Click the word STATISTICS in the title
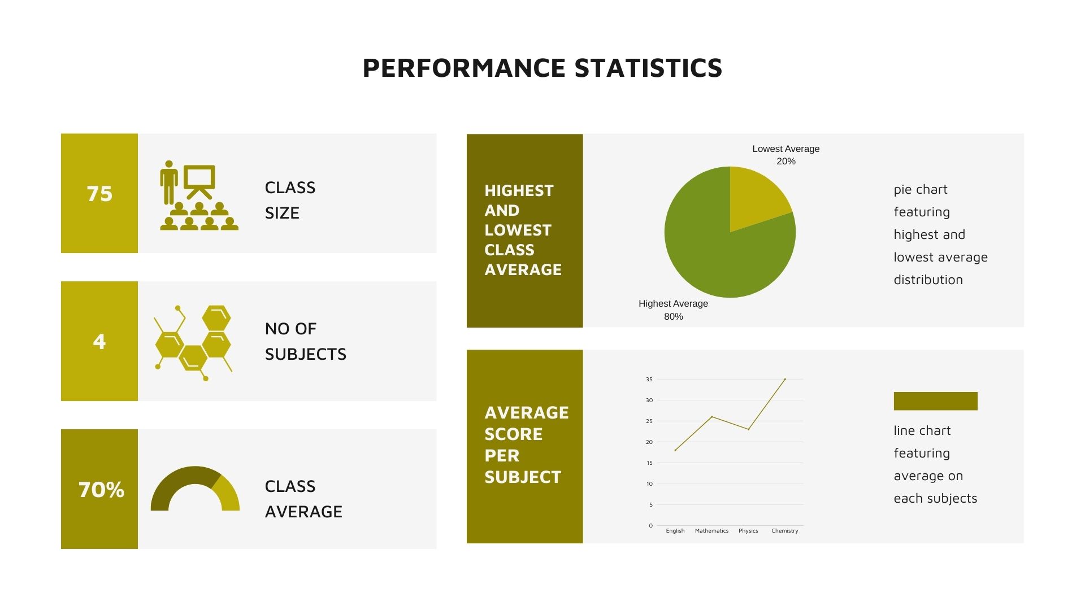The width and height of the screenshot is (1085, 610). click(648, 68)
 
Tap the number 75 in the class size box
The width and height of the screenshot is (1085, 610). click(99, 194)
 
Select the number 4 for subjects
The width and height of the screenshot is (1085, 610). click(99, 341)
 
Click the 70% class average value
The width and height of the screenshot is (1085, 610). click(101, 490)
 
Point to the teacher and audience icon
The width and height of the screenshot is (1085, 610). click(199, 195)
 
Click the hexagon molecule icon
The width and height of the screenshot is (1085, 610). click(193, 343)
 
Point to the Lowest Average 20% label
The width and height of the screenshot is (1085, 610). click(786, 155)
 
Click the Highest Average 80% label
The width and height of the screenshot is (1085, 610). click(673, 310)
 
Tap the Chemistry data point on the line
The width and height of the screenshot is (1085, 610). click(785, 379)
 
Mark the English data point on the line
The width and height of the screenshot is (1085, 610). click(675, 450)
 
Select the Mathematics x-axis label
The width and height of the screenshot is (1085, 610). click(711, 531)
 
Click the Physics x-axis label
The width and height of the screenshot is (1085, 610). click(748, 531)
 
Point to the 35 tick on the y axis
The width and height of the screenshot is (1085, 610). click(649, 380)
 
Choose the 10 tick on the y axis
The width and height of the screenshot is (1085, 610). click(649, 484)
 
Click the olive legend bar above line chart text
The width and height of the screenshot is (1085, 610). click(935, 401)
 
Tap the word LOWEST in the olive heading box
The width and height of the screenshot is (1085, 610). click(518, 230)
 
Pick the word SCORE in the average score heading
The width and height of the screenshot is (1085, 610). click(514, 434)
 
